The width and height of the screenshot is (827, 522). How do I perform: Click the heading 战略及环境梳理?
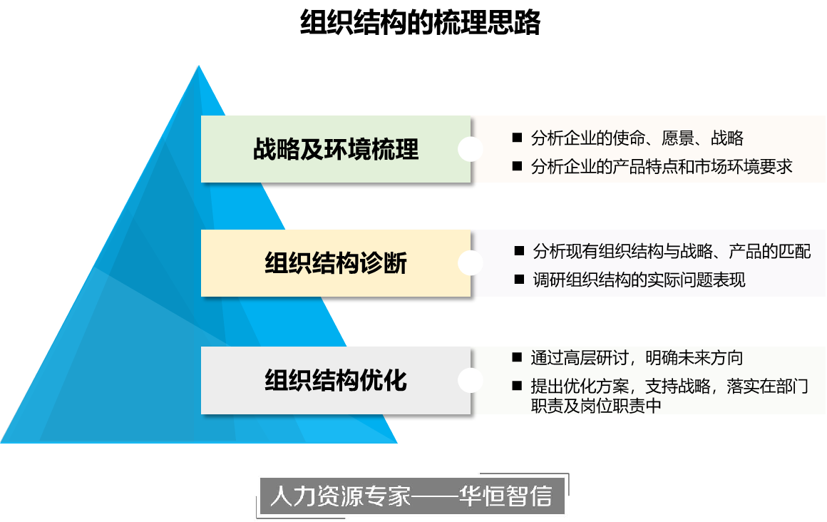pos(336,150)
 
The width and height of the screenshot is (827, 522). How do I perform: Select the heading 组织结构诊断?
pos(336,264)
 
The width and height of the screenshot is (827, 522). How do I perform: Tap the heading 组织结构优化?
pos(336,380)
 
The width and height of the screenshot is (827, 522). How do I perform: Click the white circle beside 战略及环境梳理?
pos(471,150)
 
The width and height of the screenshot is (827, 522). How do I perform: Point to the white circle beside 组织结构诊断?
pos(471,264)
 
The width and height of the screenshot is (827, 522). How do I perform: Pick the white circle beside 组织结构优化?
pos(471,380)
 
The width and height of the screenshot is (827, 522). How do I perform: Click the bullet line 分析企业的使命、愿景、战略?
pos(637,138)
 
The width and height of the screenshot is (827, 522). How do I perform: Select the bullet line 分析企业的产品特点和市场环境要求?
pos(662,167)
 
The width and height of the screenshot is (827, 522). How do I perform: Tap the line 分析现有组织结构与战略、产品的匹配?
pos(672,252)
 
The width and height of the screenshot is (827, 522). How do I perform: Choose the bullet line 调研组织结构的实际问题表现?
pos(639,280)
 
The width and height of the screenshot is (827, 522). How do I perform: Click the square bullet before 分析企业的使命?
pos(518,138)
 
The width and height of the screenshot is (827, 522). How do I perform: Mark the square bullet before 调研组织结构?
pos(519,280)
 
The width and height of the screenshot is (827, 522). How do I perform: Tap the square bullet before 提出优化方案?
pos(518,387)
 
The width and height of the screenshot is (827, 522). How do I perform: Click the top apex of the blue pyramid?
pos(198,66)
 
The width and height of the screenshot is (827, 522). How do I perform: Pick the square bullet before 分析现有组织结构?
pos(519,252)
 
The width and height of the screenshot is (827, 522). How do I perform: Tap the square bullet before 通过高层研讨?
pos(518,357)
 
